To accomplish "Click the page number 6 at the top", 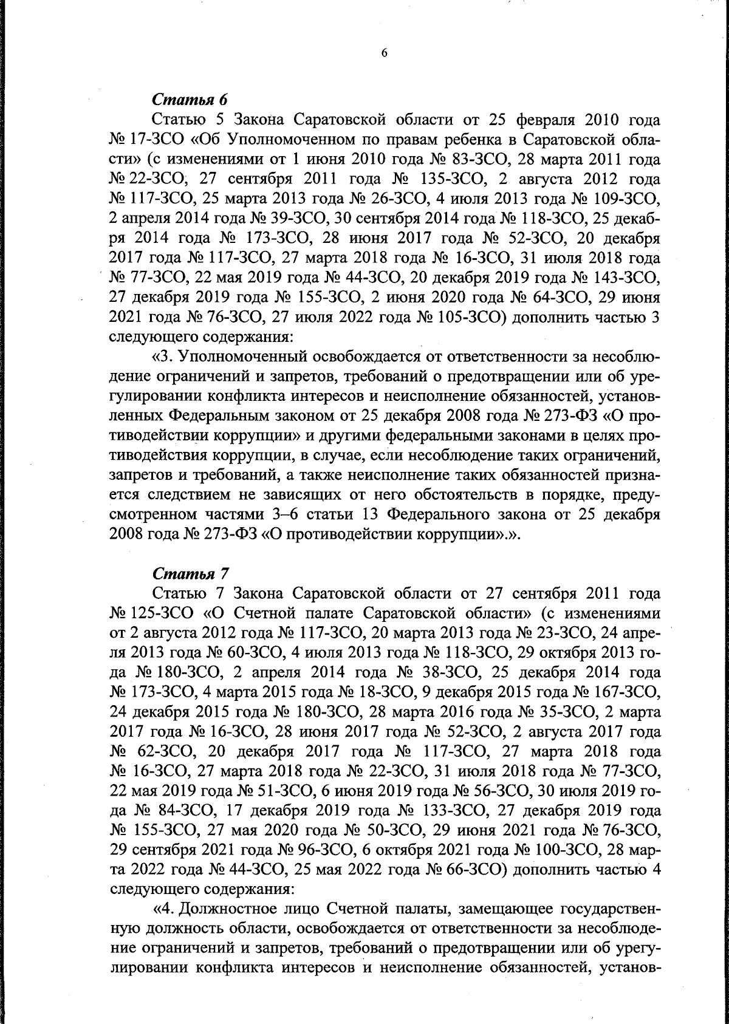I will [x=384, y=53].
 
